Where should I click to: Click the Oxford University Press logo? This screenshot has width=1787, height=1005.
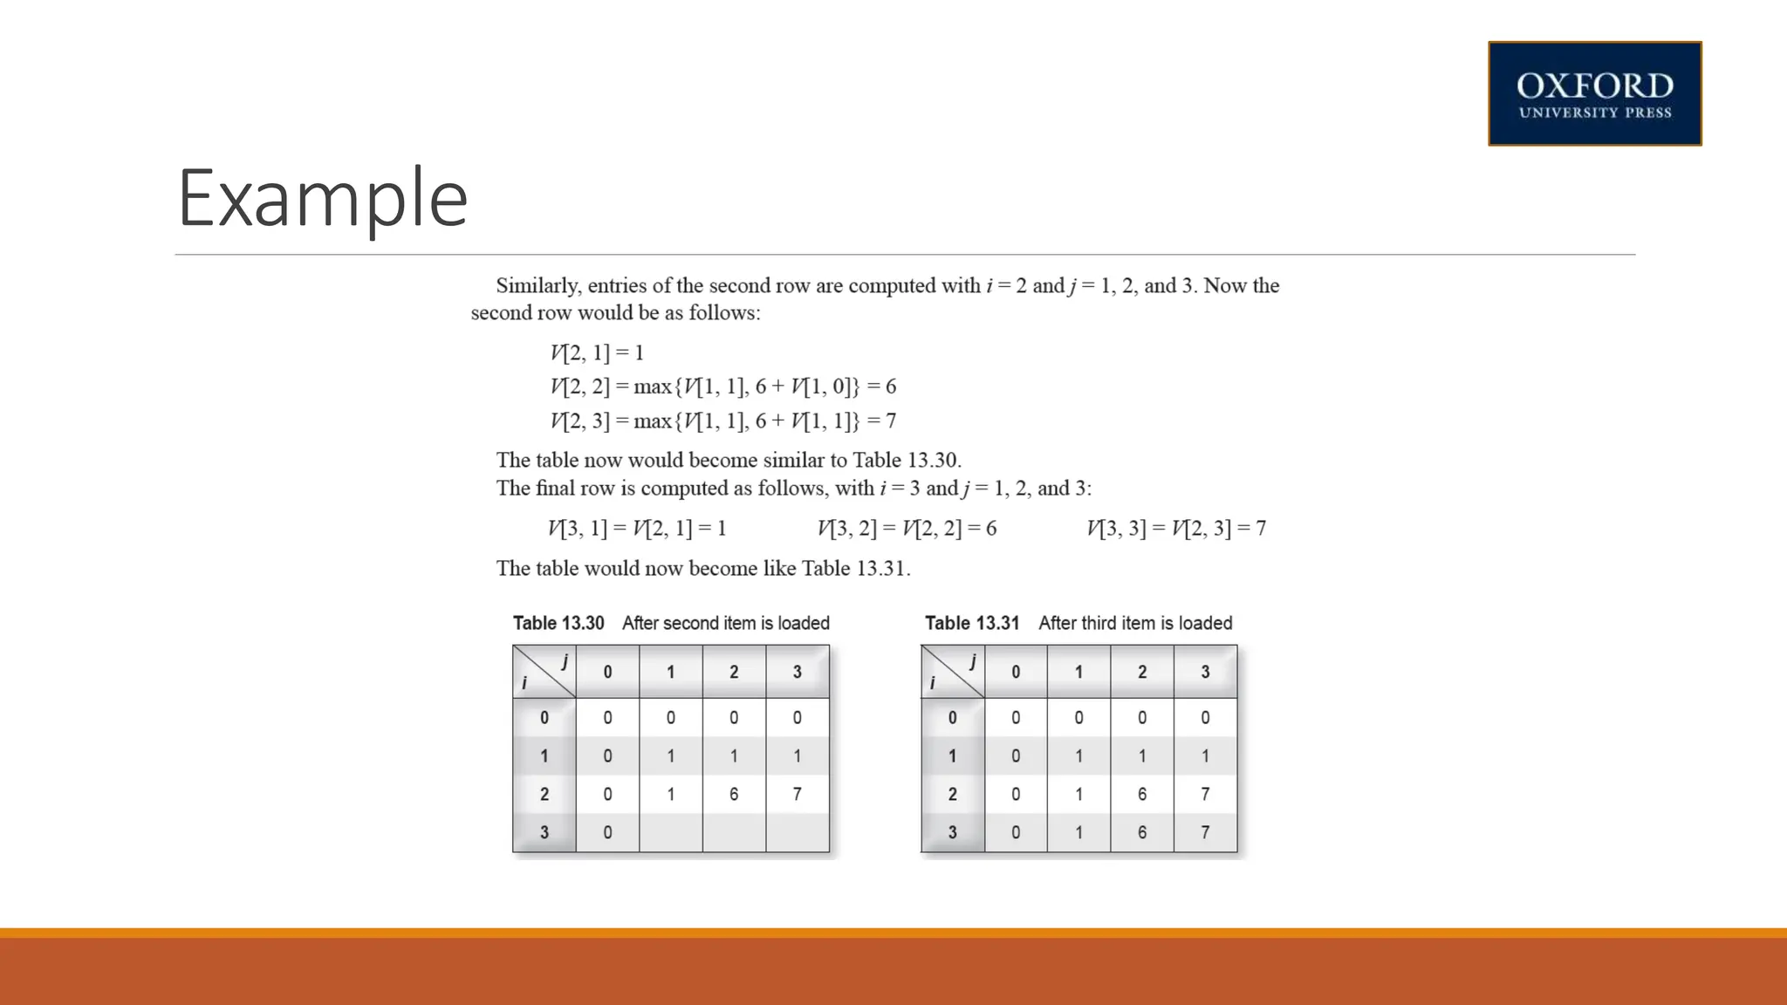[1594, 93]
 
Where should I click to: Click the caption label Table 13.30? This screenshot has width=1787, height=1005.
[558, 623]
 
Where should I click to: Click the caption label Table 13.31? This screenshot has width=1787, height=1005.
[972, 623]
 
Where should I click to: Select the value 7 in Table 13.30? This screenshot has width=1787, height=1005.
[797, 794]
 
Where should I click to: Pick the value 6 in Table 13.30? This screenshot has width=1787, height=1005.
[734, 794]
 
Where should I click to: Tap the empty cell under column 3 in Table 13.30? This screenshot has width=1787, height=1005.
[797, 832]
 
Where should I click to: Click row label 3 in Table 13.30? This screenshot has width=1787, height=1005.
[544, 832]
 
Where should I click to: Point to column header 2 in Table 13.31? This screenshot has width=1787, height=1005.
[1142, 672]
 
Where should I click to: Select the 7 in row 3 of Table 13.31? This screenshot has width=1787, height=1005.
[1205, 832]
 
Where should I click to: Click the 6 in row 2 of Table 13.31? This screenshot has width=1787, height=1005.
[1142, 794]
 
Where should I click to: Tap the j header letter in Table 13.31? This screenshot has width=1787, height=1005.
[972, 661]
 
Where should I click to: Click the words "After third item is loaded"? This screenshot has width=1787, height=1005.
[1135, 623]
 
